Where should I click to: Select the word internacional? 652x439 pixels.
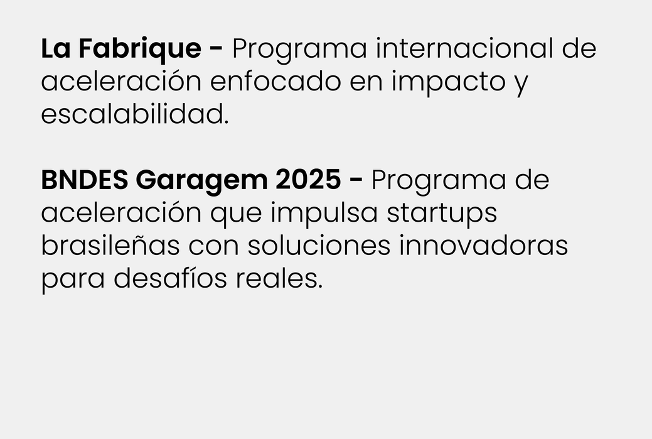[x=465, y=48]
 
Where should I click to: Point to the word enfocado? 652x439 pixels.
[x=275, y=81]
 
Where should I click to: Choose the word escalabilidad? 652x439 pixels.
[x=135, y=114]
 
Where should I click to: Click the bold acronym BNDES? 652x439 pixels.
[x=85, y=180]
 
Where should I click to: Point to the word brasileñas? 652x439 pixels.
[x=110, y=246]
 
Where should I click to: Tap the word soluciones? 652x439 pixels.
[x=319, y=246]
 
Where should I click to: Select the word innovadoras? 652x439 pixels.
[x=484, y=246]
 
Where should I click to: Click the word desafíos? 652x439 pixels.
[x=171, y=278]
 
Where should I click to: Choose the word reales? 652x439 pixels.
[x=279, y=278]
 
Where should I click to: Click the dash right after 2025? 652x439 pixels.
[x=356, y=181]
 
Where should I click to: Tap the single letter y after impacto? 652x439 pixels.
[x=521, y=85]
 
